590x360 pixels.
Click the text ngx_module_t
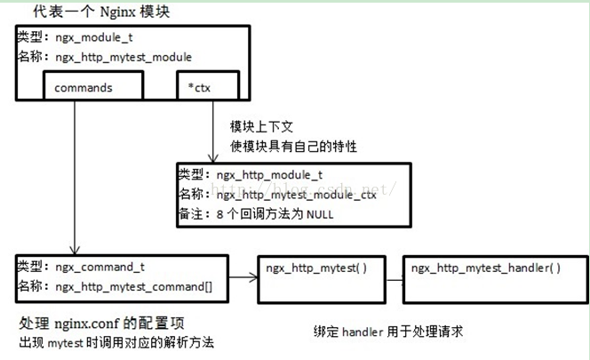pyautogui.click(x=94, y=39)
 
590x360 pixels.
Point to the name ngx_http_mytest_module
pyautogui.click(x=123, y=57)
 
